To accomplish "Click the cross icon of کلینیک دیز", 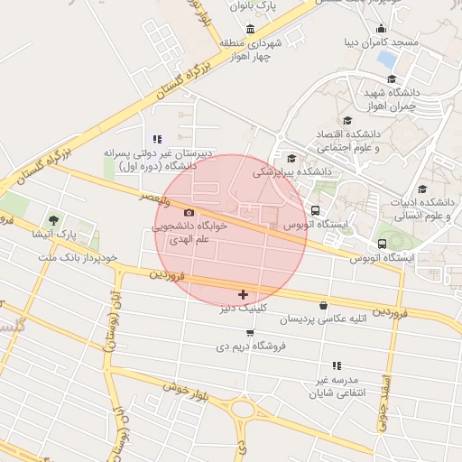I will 243,294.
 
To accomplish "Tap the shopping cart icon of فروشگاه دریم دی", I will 250,332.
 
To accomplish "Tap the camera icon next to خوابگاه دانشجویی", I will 189,212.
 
